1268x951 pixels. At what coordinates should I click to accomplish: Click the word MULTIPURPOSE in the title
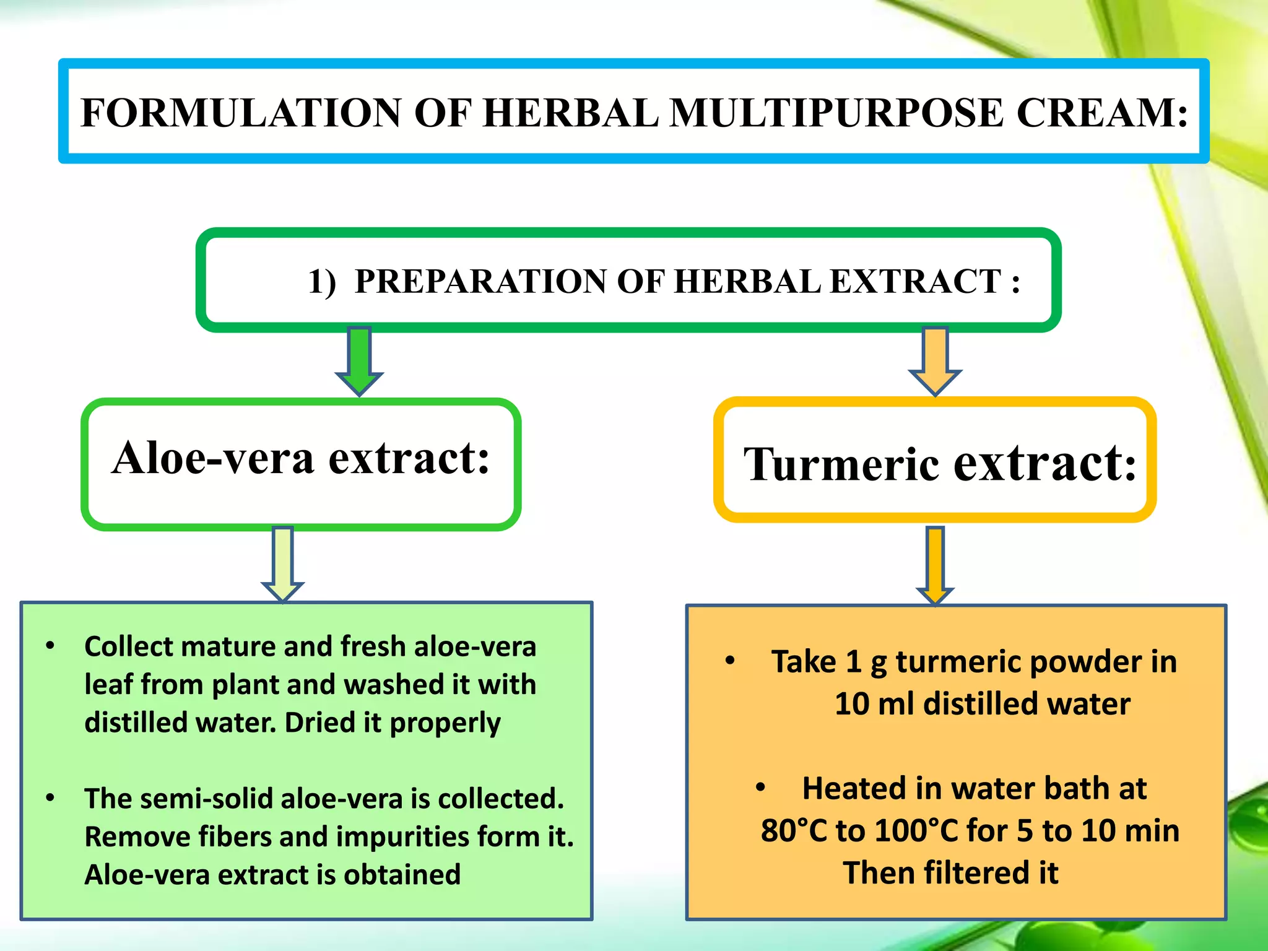tap(836, 113)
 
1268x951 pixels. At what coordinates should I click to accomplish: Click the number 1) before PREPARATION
tap(322, 282)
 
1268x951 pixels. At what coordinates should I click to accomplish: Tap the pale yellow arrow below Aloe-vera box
tap(283, 563)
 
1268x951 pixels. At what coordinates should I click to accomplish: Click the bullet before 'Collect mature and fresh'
tap(50, 646)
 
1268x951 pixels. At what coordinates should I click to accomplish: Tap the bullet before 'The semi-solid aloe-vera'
tap(50, 798)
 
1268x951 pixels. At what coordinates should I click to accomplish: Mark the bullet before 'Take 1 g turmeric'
tap(730, 661)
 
